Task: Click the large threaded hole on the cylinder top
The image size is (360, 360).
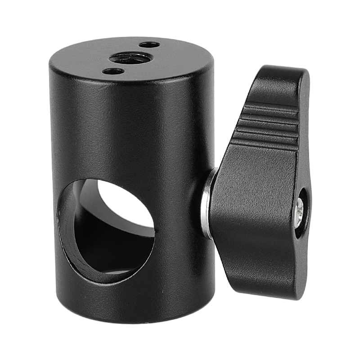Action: [x=130, y=58]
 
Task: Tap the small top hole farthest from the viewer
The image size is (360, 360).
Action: [x=148, y=45]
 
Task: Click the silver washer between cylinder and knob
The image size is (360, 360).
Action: [x=208, y=202]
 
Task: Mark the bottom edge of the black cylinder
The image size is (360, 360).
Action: [x=130, y=319]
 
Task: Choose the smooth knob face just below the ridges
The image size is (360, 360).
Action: [x=265, y=171]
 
